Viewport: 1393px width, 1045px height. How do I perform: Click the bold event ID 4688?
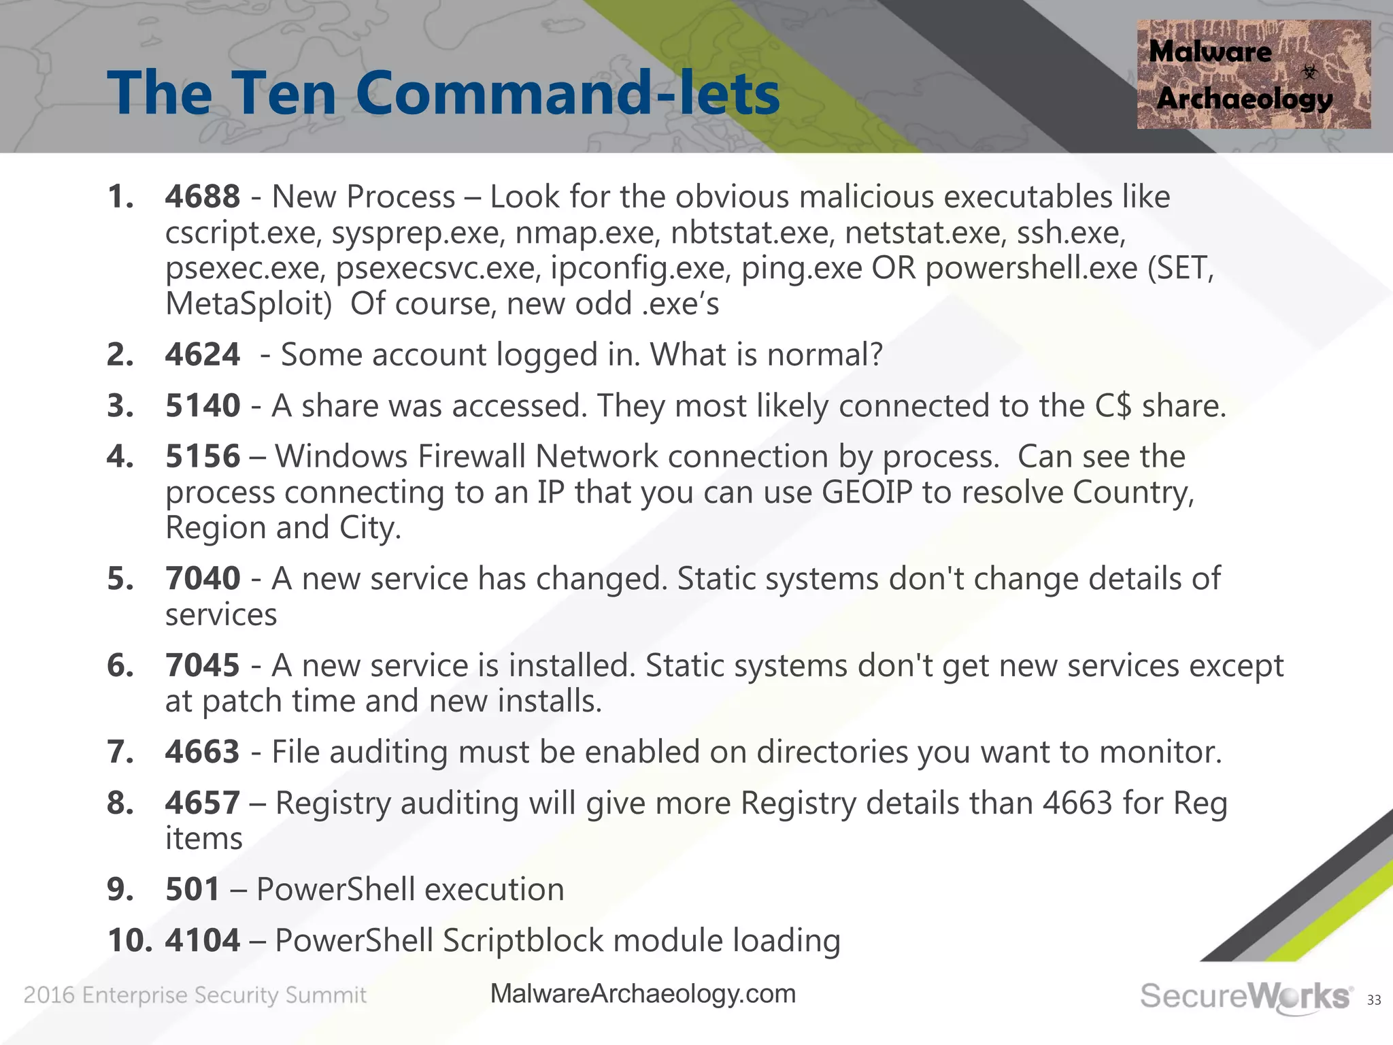click(203, 197)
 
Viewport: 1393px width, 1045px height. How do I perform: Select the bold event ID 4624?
click(203, 355)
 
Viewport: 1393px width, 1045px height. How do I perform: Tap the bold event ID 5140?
click(203, 406)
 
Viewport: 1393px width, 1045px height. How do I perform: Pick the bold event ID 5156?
click(203, 457)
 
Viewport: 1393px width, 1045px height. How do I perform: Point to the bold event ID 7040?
click(203, 579)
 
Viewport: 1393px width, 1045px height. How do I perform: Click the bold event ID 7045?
click(203, 665)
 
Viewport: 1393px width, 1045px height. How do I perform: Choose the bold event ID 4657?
click(203, 803)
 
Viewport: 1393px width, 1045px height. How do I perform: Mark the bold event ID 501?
click(192, 890)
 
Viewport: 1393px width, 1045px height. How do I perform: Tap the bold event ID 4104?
click(203, 941)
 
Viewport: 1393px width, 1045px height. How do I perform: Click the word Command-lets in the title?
click(567, 93)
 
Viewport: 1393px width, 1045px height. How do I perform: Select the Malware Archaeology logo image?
click(1253, 75)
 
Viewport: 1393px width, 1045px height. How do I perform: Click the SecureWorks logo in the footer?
click(1245, 997)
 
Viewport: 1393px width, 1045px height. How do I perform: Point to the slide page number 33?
click(1373, 1000)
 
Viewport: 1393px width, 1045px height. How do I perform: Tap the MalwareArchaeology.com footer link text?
click(643, 994)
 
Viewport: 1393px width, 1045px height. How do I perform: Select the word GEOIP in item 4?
click(866, 493)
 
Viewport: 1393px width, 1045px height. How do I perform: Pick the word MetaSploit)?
click(248, 304)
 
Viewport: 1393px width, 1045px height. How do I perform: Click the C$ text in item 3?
click(1113, 406)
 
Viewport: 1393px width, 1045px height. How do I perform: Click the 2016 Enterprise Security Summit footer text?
click(195, 995)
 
